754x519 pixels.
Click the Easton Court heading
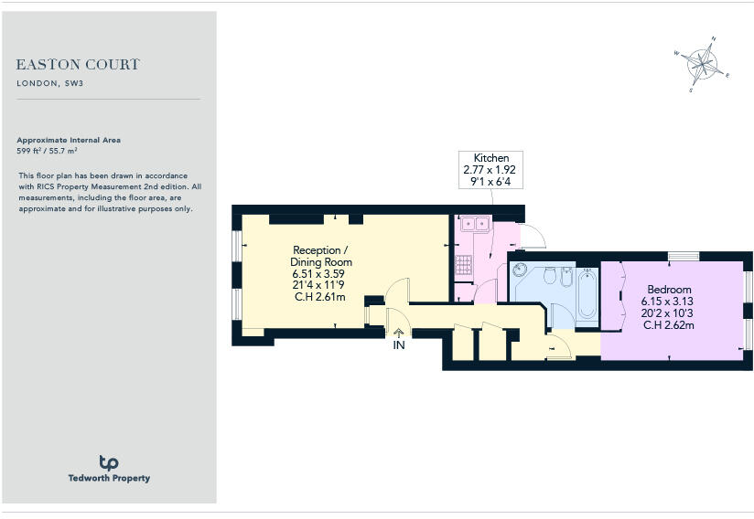[78, 65]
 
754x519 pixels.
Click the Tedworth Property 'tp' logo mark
[108, 463]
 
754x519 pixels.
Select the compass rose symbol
[703, 63]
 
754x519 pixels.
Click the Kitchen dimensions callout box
[491, 170]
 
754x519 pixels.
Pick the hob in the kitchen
[463, 265]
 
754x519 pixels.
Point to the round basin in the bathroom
[521, 270]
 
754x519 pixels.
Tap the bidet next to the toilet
[567, 275]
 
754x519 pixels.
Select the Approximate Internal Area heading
[69, 140]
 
